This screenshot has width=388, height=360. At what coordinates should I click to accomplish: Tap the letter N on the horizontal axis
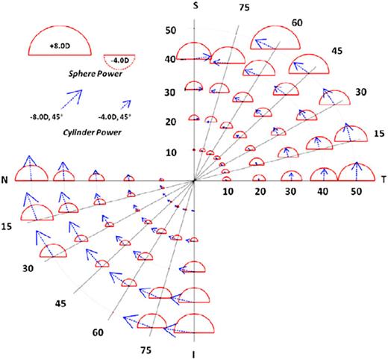6,181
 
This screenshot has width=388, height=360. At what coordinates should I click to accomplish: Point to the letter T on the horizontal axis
383,181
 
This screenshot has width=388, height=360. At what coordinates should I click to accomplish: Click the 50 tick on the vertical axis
171,31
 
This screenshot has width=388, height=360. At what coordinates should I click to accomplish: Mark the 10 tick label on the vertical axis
171,152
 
